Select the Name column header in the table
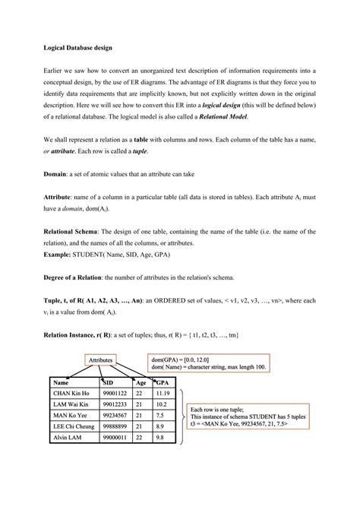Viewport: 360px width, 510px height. [x=62, y=382]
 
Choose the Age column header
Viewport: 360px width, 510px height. [x=141, y=382]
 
